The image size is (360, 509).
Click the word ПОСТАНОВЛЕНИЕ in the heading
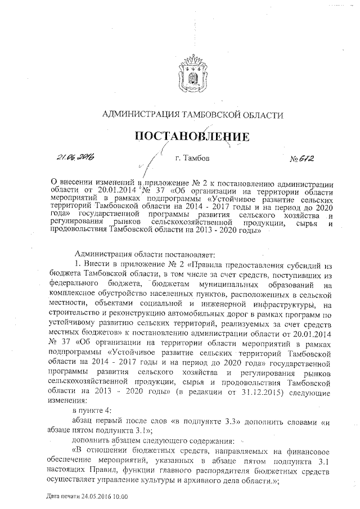[x=191, y=137]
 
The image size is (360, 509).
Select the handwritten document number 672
[x=304, y=159]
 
